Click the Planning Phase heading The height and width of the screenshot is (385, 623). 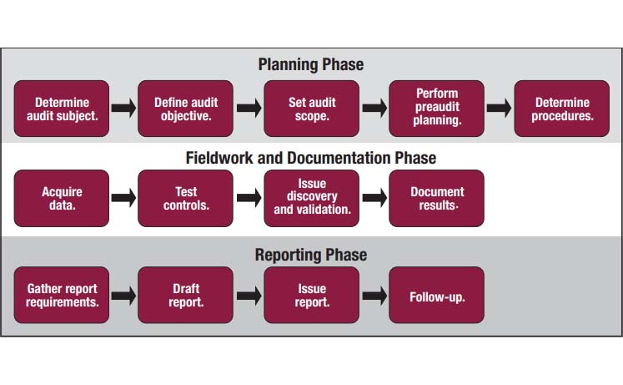[311, 64]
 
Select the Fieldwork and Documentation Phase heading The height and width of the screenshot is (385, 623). [311, 158]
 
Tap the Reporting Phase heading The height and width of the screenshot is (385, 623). [311, 255]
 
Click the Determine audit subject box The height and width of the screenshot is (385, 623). [62, 109]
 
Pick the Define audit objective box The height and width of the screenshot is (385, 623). [185, 109]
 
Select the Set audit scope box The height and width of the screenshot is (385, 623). [312, 109]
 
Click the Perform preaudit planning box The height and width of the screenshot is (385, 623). [437, 109]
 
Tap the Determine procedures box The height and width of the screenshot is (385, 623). [562, 109]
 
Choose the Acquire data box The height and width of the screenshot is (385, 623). [62, 199]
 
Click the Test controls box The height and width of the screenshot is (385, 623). [185, 199]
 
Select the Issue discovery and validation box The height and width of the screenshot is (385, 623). [312, 199]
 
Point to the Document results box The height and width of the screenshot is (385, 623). [437, 199]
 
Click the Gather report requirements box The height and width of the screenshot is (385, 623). [62, 295]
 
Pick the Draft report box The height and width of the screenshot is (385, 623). [185, 295]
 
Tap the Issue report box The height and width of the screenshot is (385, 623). [312, 295]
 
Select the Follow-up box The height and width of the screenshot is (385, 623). [437, 295]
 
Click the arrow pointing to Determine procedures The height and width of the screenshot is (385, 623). [499, 108]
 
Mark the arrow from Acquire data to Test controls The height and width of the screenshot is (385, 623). [123, 198]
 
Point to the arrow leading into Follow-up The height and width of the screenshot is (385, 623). [374, 296]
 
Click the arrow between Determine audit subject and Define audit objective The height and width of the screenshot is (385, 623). [123, 108]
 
